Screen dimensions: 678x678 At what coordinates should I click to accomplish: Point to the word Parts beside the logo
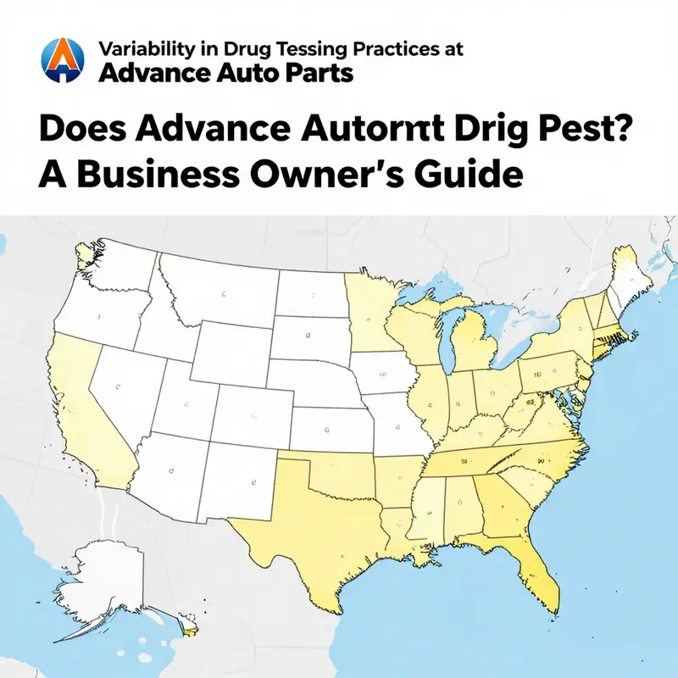tap(318, 74)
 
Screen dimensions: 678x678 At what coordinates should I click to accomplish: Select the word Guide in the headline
tap(475, 175)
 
